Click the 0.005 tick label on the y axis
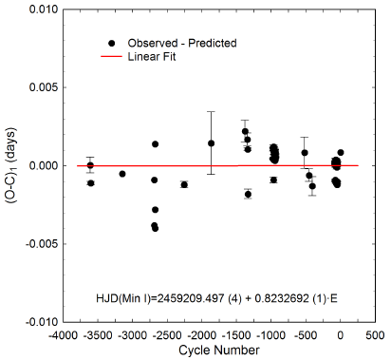coord(41,87)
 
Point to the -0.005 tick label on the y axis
coord(39,243)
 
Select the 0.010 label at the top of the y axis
coord(41,9)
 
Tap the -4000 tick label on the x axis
coord(63,335)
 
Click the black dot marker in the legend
coord(113,44)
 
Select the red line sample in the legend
coord(113,58)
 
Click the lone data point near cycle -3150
coord(122,174)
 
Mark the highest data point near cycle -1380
coord(245,131)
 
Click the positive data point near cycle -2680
coord(155,144)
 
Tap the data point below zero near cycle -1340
coord(248,194)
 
